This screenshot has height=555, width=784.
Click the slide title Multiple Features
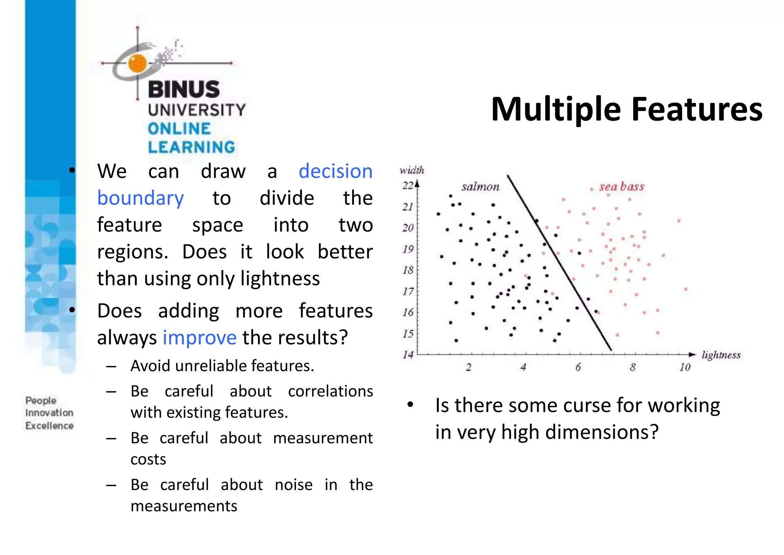tap(626, 109)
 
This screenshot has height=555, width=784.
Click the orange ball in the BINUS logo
tap(137, 63)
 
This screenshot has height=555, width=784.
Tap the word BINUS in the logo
tap(184, 89)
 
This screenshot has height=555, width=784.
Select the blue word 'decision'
tap(335, 171)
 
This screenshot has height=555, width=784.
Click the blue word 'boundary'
tap(140, 198)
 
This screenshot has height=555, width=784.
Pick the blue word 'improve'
tap(199, 338)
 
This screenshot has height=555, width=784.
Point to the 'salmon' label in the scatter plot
tap(480, 187)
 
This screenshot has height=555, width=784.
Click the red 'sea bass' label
tap(622, 187)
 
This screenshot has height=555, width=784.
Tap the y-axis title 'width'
tap(412, 170)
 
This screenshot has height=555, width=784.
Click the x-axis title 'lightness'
tap(721, 355)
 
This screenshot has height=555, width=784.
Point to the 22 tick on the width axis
tap(408, 186)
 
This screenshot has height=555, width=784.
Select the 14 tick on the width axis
tap(408, 355)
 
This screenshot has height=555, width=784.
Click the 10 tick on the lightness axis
tap(684, 367)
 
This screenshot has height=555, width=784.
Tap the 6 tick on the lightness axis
tap(578, 367)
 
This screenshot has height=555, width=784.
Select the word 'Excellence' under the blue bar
tap(49, 426)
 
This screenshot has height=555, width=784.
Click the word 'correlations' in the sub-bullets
tap(330, 391)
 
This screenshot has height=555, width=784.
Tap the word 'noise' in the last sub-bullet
tap(294, 485)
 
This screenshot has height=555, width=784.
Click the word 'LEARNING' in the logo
tap(191, 147)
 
